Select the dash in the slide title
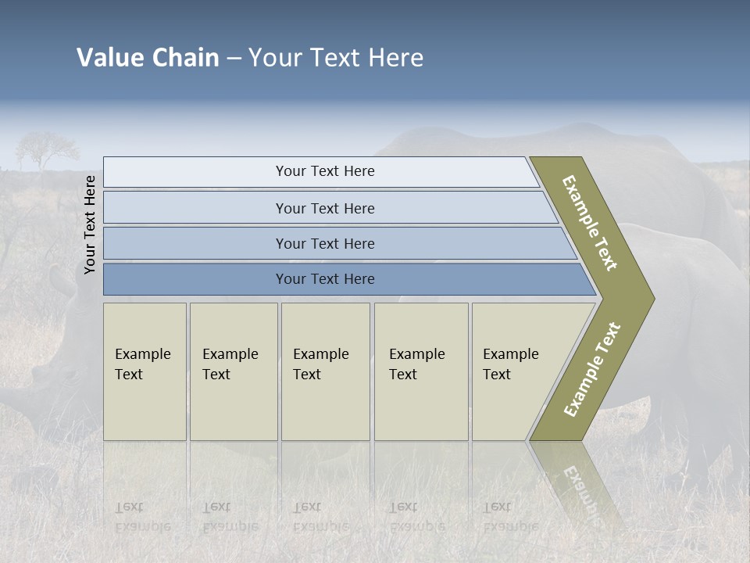tap(234, 59)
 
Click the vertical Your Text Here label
tap(90, 224)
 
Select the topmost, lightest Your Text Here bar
tap(324, 171)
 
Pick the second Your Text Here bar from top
tap(324, 208)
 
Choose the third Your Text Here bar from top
tap(324, 243)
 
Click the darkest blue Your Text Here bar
tap(324, 279)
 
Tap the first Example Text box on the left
tap(145, 371)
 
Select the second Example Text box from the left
tap(233, 371)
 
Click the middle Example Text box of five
tap(324, 371)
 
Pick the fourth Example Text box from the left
tap(420, 371)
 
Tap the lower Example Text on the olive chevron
tap(593, 369)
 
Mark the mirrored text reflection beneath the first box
tap(142, 517)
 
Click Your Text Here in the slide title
tap(336, 58)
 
